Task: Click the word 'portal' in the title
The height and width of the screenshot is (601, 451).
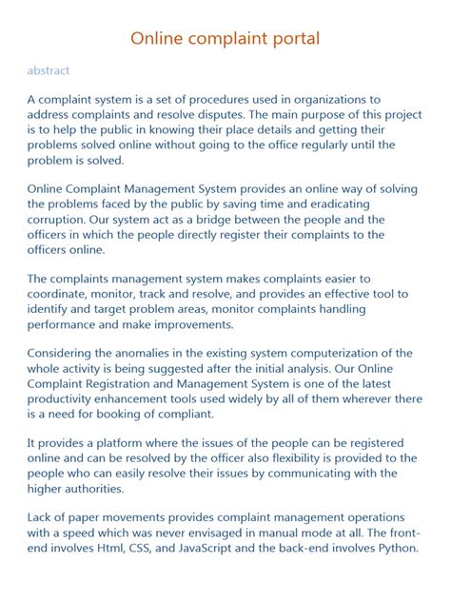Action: [289, 39]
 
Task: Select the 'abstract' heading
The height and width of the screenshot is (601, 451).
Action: [48, 70]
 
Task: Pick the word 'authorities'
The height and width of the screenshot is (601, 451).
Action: [88, 488]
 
